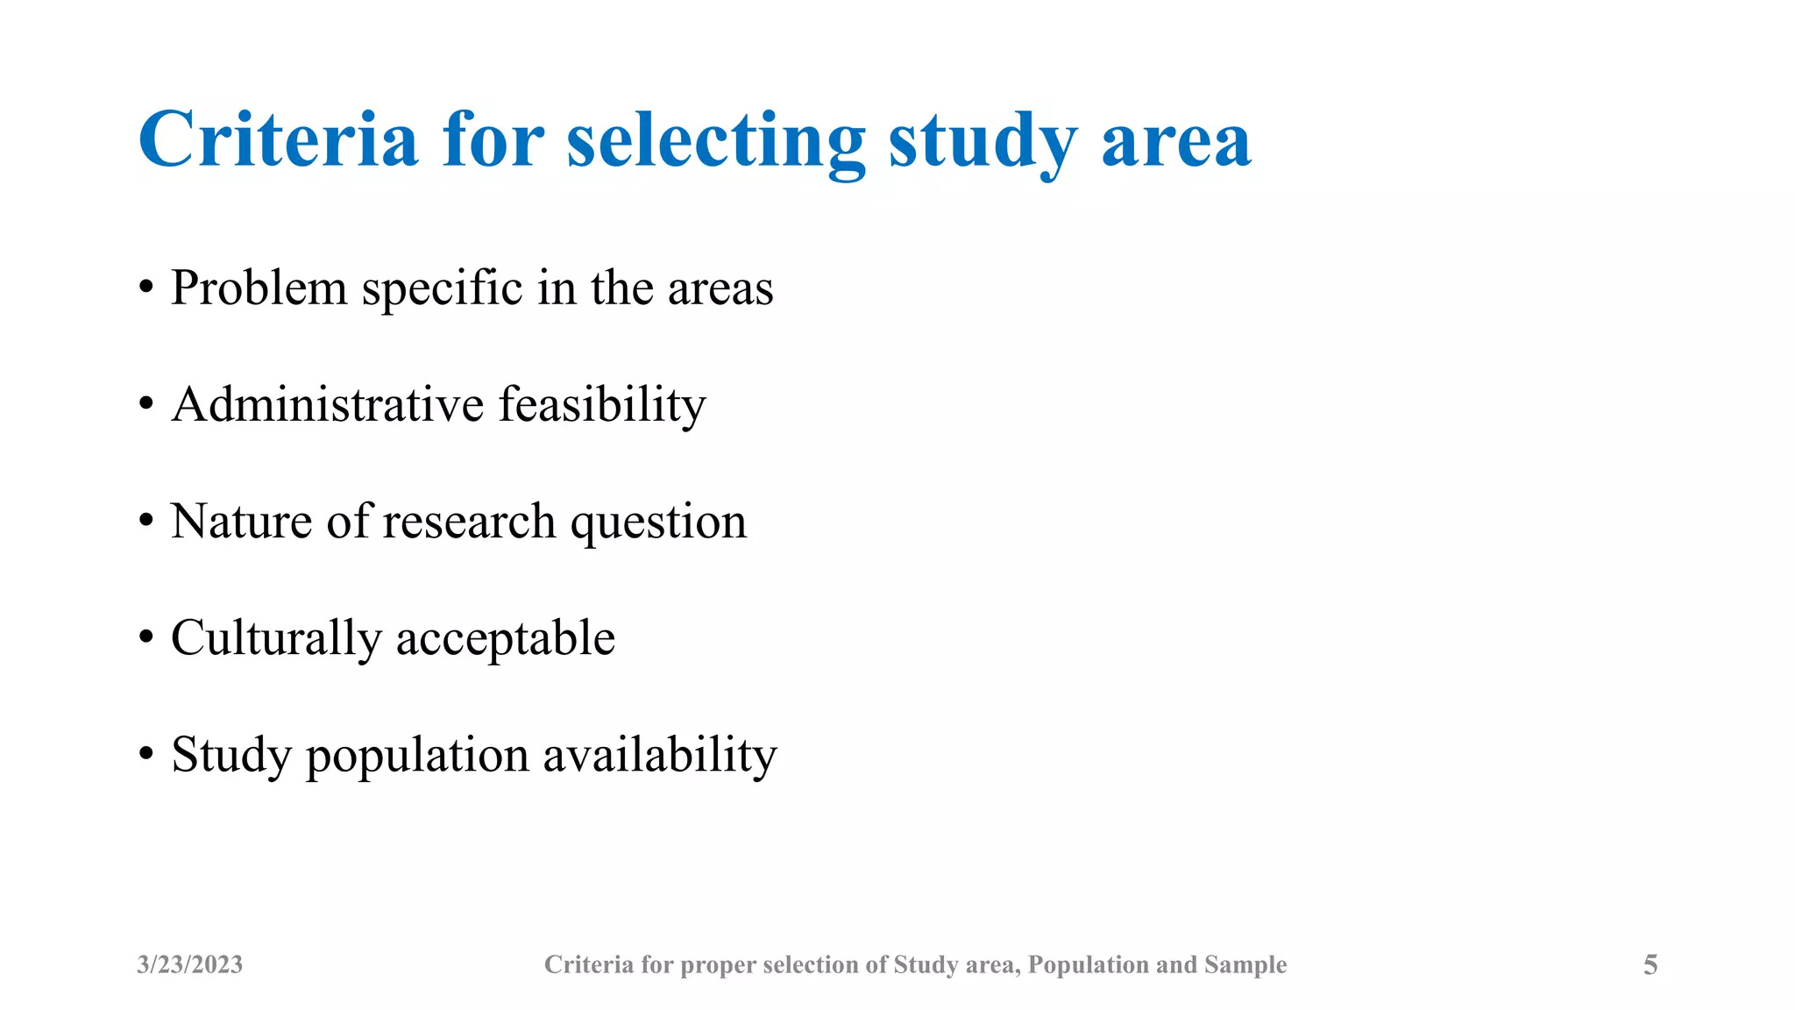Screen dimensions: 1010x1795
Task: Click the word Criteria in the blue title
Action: coord(278,140)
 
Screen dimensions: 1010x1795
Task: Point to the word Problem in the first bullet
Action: coord(259,288)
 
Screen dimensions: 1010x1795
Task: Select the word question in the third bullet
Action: coord(658,523)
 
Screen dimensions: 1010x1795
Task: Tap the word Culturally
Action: coord(276,638)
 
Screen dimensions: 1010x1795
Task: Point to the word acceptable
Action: coord(506,638)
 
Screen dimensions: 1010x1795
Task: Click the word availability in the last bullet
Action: coord(659,755)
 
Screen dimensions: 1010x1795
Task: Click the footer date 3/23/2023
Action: coord(189,964)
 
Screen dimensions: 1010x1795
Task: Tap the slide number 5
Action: coord(1650,964)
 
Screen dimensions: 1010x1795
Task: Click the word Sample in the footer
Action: coord(1245,964)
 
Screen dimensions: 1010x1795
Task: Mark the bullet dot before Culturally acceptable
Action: coord(146,638)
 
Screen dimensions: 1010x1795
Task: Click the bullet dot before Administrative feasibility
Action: coord(146,405)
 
